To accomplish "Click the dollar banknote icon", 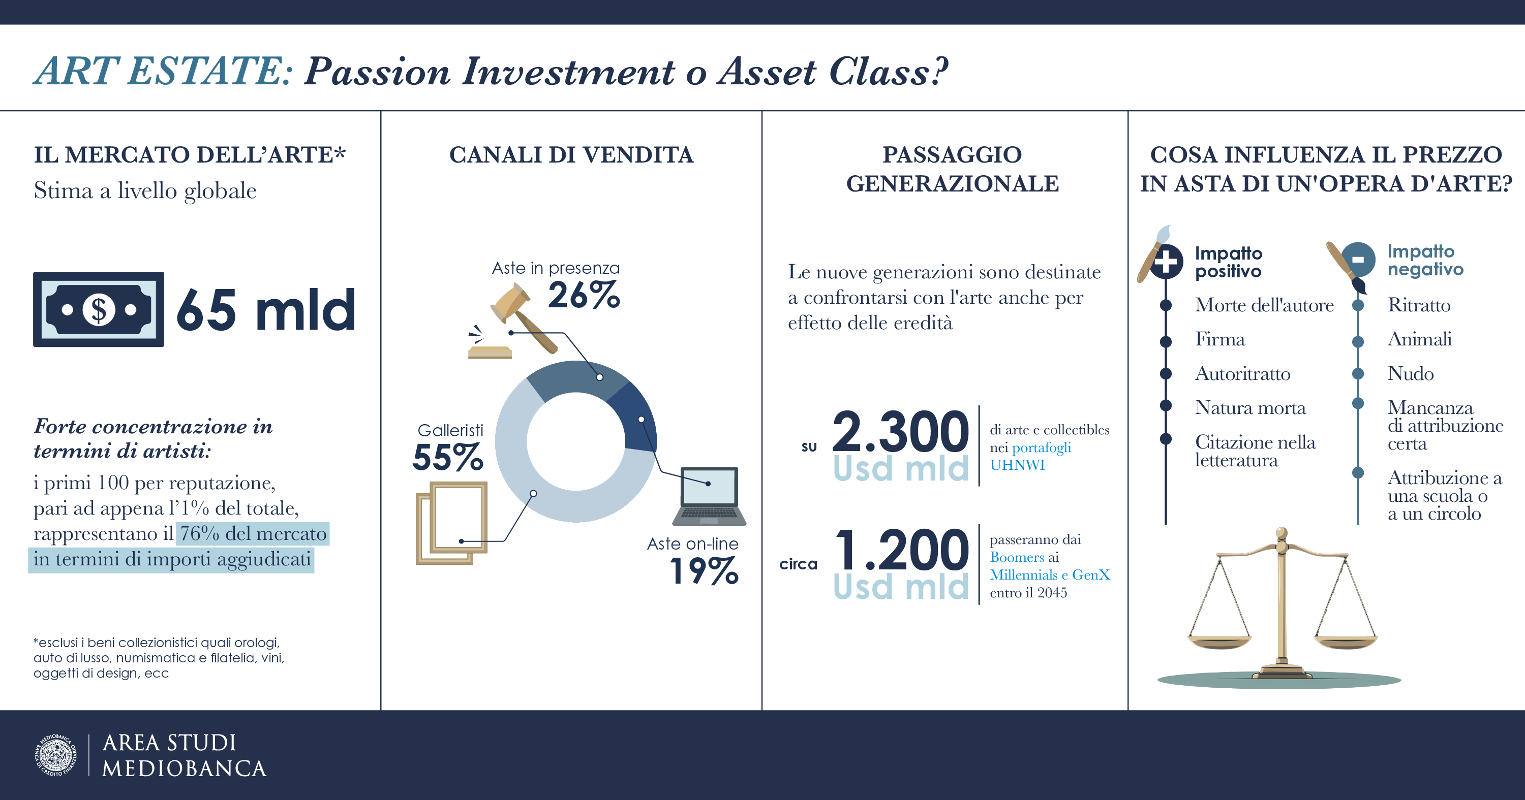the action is (98, 309).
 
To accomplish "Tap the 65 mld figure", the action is (266, 309).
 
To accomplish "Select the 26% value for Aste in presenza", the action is (584, 295).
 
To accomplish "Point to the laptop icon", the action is (709, 496).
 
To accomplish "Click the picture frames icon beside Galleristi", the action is (451, 523).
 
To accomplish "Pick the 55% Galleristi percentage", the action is (447, 457).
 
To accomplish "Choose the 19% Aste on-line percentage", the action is (705, 571).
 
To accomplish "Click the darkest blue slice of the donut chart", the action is (637, 418).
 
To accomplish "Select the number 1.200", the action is (902, 550).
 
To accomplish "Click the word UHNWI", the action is (1017, 465).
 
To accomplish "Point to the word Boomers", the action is (1017, 557).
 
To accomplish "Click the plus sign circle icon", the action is (1166, 261).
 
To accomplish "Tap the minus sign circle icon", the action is (1358, 260).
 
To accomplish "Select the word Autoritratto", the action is (1242, 374).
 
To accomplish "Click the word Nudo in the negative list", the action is (1410, 374).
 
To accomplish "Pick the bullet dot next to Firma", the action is (1166, 341).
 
